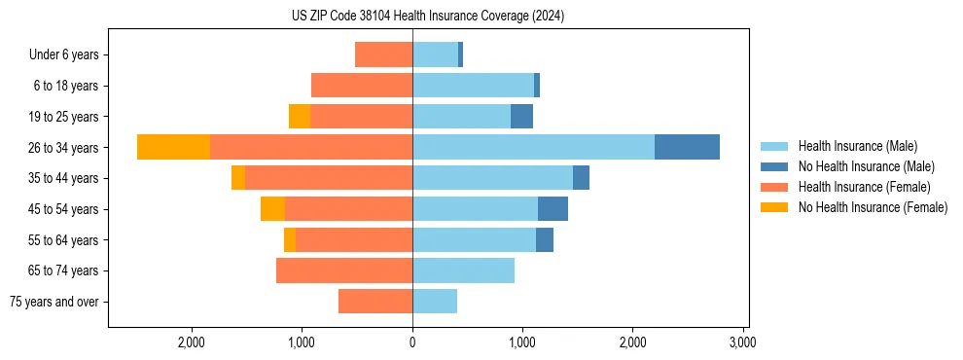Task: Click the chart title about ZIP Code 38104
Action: point(427,17)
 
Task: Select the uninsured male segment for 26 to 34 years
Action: point(687,147)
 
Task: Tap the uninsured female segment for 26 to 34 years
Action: point(173,147)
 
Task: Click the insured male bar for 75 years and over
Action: point(435,302)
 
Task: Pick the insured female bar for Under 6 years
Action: point(383,54)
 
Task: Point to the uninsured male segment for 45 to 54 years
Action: point(553,208)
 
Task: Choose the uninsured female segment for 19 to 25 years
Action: point(300,116)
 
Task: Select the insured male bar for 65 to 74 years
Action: point(463,270)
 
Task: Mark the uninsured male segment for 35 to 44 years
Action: point(581,178)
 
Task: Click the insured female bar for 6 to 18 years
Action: point(362,86)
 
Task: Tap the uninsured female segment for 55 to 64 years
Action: point(290,239)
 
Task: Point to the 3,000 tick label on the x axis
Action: point(742,342)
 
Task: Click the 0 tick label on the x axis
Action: point(412,342)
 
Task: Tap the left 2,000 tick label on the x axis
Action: point(192,342)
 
